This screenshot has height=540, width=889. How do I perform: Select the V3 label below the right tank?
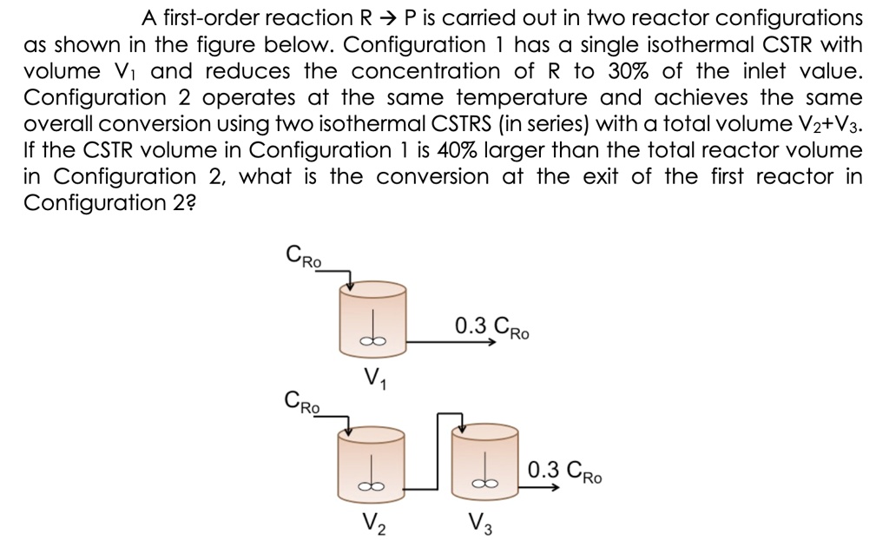click(x=477, y=524)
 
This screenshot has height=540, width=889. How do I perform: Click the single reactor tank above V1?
click(x=375, y=318)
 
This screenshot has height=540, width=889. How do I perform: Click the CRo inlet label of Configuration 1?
click(x=303, y=257)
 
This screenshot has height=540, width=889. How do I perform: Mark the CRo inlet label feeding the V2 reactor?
click(x=303, y=402)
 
